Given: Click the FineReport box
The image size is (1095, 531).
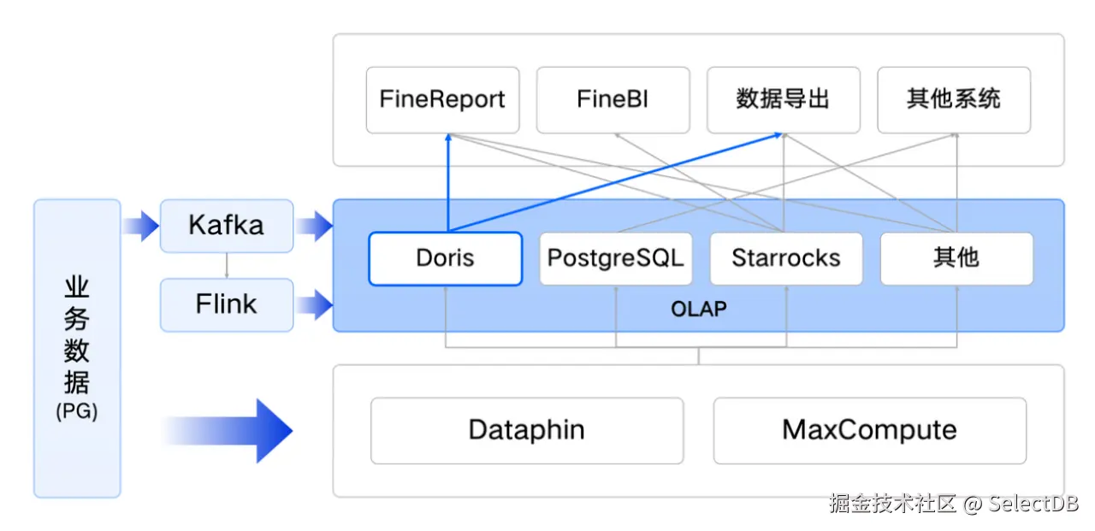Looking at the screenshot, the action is point(443,100).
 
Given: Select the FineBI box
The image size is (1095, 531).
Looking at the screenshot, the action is point(613,100).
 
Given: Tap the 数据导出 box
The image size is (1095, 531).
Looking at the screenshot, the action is point(783,100).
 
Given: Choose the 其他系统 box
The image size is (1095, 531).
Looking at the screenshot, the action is point(954,100).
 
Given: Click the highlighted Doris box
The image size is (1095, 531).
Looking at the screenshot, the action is point(446,258).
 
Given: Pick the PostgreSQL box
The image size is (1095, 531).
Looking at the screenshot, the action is point(616,258).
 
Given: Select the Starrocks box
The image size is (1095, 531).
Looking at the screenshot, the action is point(786,258).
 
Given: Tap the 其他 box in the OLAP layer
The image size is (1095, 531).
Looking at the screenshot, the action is point(956,258).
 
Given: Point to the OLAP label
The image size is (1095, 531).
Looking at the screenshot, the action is point(699,310).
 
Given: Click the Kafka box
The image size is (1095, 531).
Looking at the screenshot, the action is point(227,226).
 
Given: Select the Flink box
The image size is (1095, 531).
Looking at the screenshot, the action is point(227,304).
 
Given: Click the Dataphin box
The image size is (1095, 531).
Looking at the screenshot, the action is point(527,430).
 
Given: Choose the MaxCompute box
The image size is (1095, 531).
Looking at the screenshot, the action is point(870,430).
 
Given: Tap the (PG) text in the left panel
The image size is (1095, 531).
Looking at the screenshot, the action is point(77,411).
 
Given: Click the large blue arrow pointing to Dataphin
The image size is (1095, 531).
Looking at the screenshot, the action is point(228,431).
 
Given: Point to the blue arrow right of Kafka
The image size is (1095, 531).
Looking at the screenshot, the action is point(314,226).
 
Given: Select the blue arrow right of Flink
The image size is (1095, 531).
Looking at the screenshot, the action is point(314,304).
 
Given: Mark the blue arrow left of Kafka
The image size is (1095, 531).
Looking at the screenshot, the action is point(141,226).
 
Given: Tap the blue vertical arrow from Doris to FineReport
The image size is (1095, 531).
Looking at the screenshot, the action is point(447,182).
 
